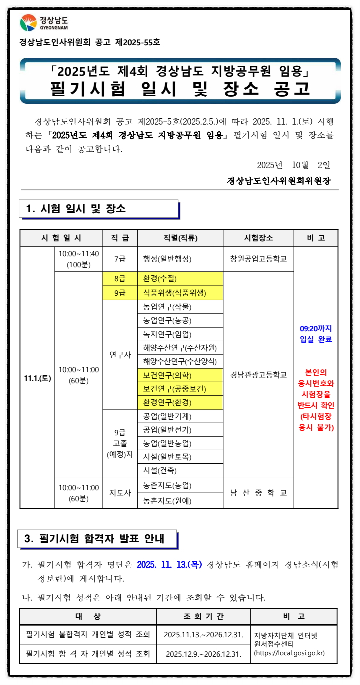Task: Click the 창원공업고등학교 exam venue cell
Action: [x=258, y=259]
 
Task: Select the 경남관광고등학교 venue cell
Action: [x=258, y=374]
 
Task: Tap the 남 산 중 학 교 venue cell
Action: [x=258, y=493]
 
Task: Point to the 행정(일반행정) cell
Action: [x=167, y=259]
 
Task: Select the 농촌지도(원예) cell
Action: [x=167, y=500]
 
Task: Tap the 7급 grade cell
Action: [x=120, y=259]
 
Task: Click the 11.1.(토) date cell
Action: [x=37, y=378]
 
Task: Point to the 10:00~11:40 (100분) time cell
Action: [x=79, y=259]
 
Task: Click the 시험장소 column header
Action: [x=258, y=238]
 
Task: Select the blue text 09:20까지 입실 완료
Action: [x=316, y=334]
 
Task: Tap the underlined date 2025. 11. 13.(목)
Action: [x=169, y=565]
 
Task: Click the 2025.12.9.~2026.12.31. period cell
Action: [x=203, y=654]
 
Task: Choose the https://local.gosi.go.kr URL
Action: [x=289, y=653]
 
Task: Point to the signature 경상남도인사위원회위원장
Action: [x=278, y=180]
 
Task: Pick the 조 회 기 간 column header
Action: [x=203, y=617]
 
